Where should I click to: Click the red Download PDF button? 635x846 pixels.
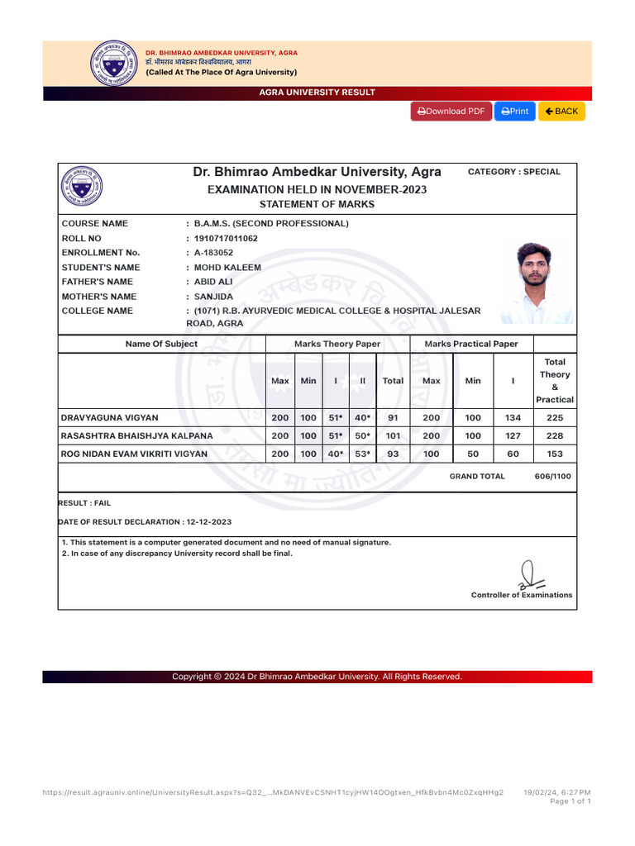[x=451, y=112]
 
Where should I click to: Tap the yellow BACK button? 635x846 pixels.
[x=561, y=112]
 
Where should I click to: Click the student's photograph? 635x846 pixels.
[x=537, y=283]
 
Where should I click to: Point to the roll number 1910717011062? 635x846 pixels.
[x=225, y=239]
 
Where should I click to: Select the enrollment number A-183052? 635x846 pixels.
[x=213, y=253]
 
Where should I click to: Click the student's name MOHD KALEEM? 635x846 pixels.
[x=227, y=268]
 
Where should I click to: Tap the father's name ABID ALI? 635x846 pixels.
[x=213, y=282]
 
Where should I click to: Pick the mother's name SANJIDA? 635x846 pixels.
[x=213, y=297]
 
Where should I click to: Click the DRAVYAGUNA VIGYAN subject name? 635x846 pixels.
[x=110, y=418]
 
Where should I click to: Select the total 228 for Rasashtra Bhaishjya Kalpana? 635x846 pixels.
[x=555, y=436]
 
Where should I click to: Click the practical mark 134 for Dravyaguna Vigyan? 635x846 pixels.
[x=513, y=418]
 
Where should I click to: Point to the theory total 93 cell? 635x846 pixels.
[x=393, y=454]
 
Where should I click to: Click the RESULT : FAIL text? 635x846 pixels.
[x=84, y=502]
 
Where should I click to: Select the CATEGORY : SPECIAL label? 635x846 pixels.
[x=514, y=172]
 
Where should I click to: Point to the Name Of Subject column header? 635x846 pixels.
[x=161, y=344]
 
